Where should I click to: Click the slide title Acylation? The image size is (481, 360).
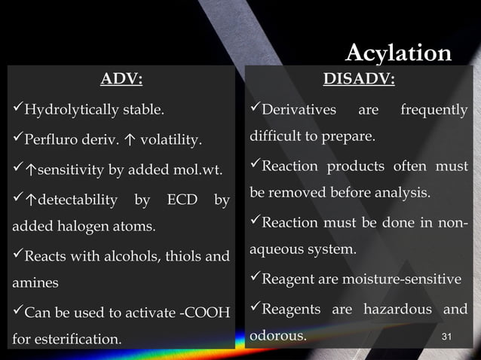coord(398,53)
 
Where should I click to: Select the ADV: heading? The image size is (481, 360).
coord(121,79)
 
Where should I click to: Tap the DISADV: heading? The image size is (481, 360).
coord(358,79)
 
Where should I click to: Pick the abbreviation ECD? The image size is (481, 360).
coord(182,200)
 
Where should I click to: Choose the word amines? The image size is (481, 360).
coord(34,283)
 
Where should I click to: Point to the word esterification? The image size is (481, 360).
coord(78,339)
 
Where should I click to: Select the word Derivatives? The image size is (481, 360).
coord(299,111)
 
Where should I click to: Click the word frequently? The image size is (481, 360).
coord(434,111)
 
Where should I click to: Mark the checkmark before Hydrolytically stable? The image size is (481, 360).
coord(17,111)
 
